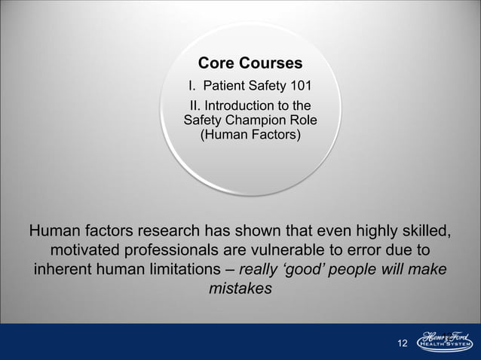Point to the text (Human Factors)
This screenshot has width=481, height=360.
(250, 135)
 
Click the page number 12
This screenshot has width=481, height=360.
(402, 343)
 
